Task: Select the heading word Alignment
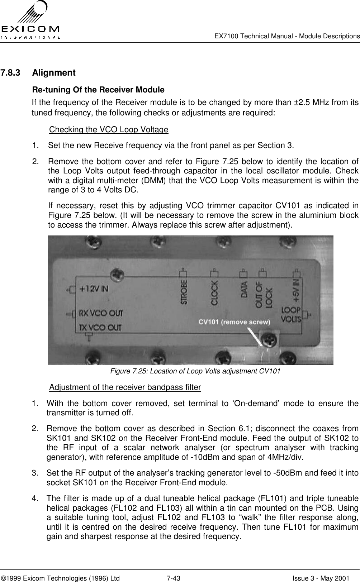click(54, 73)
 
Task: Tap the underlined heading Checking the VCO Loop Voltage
click(109, 129)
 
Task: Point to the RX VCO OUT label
click(101, 313)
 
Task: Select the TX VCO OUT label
click(100, 328)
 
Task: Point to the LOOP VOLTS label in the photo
click(290, 314)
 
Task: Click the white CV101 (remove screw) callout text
click(235, 322)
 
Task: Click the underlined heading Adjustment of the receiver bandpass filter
click(125, 387)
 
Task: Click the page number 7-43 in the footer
click(173, 568)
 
